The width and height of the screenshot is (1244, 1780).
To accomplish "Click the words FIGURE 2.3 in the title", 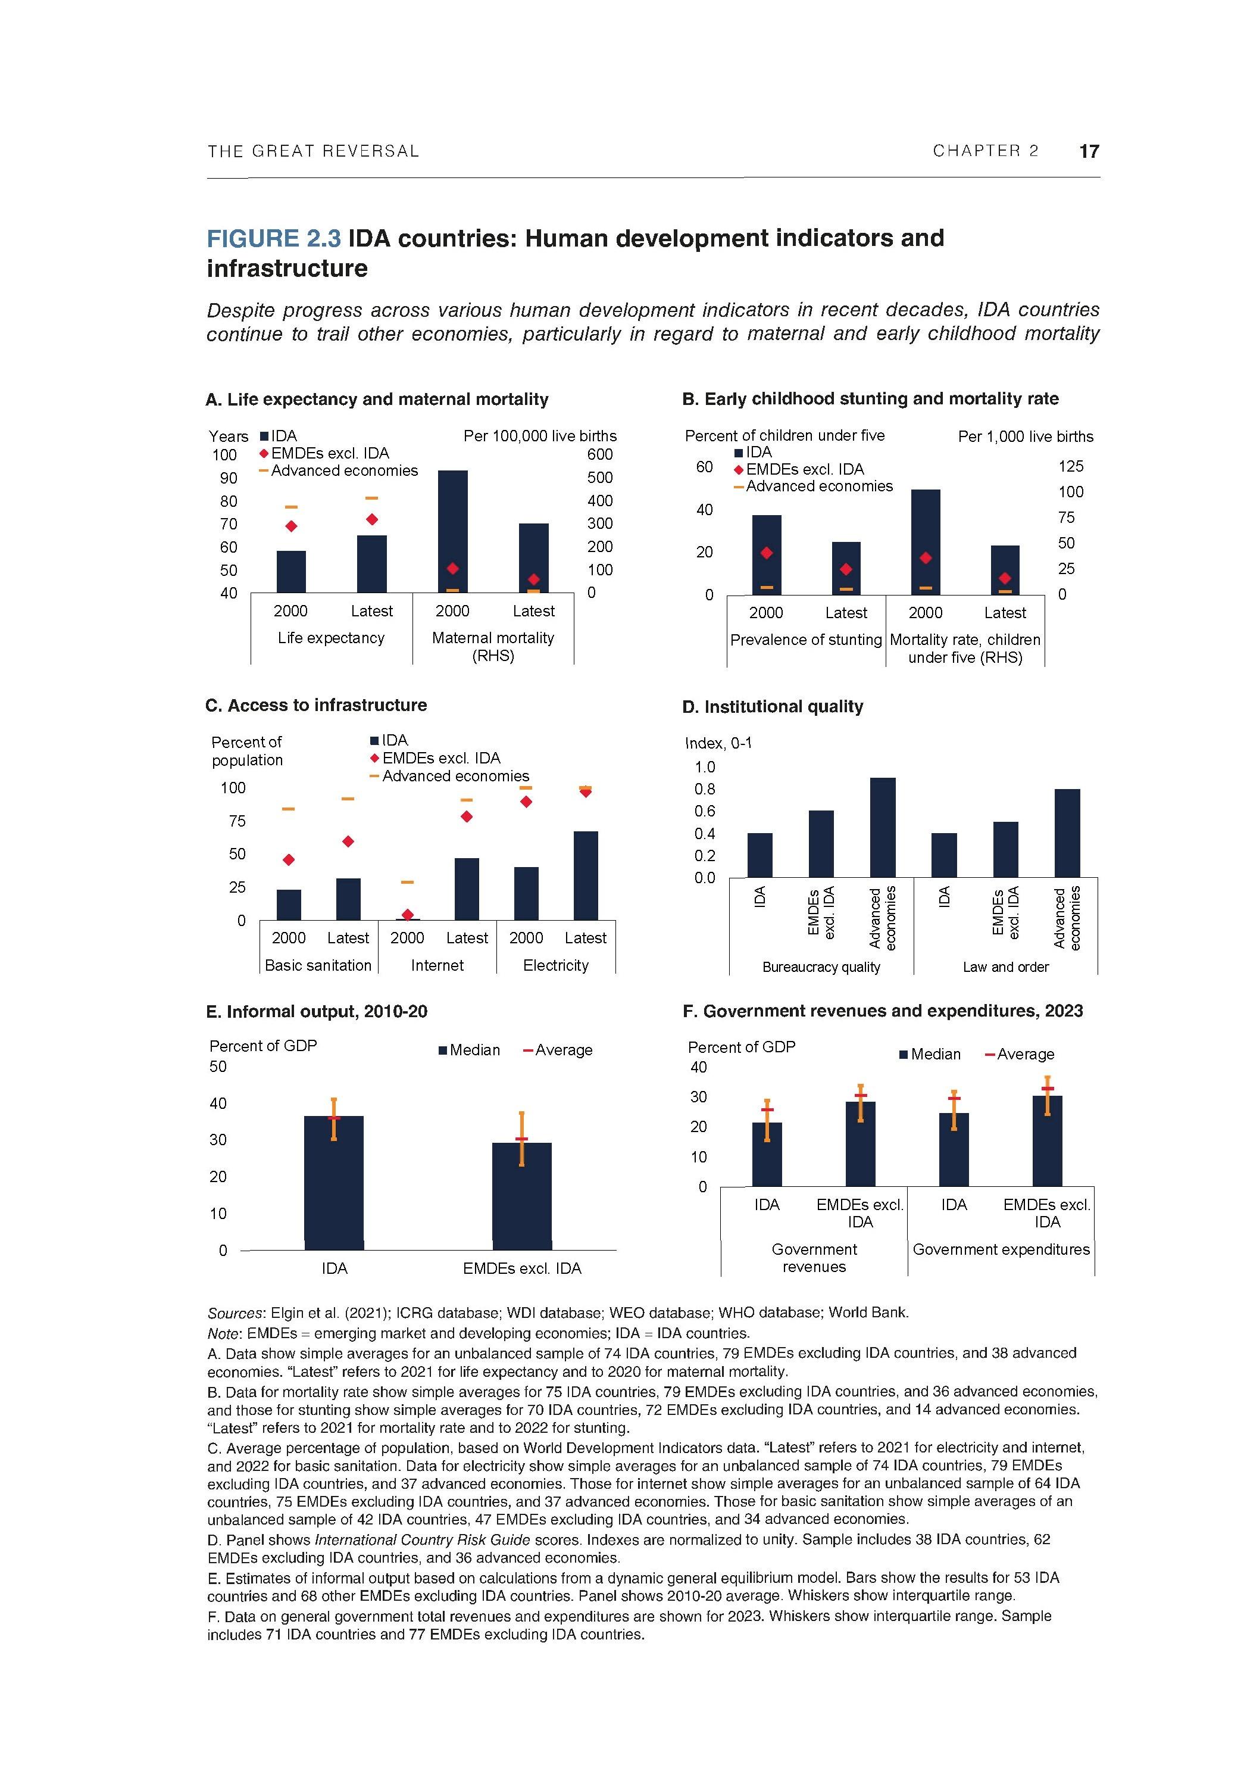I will coord(273,239).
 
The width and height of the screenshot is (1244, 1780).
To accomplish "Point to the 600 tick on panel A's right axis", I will coord(599,454).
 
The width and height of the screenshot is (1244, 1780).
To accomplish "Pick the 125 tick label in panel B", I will coord(1070,467).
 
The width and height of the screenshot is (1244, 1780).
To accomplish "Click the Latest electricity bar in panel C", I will coord(585,875).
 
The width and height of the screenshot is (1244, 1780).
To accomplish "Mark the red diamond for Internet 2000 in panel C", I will coord(408,915).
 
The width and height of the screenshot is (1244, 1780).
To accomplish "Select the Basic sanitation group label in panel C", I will coord(318,965).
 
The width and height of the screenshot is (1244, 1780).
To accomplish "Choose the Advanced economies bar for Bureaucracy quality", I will coord(883,827).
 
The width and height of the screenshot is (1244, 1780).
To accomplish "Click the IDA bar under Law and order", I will coord(943,855).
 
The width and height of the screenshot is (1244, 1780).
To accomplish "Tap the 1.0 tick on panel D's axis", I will coord(705,768).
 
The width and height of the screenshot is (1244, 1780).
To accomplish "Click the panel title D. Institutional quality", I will coord(772,706).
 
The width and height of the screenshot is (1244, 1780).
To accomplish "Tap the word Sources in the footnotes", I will coord(236,1313).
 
